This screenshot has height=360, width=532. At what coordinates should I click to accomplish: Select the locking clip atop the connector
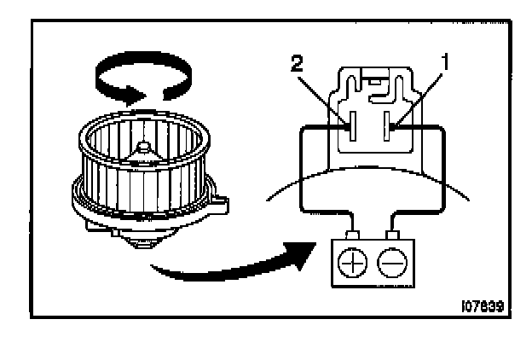click(x=373, y=84)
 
